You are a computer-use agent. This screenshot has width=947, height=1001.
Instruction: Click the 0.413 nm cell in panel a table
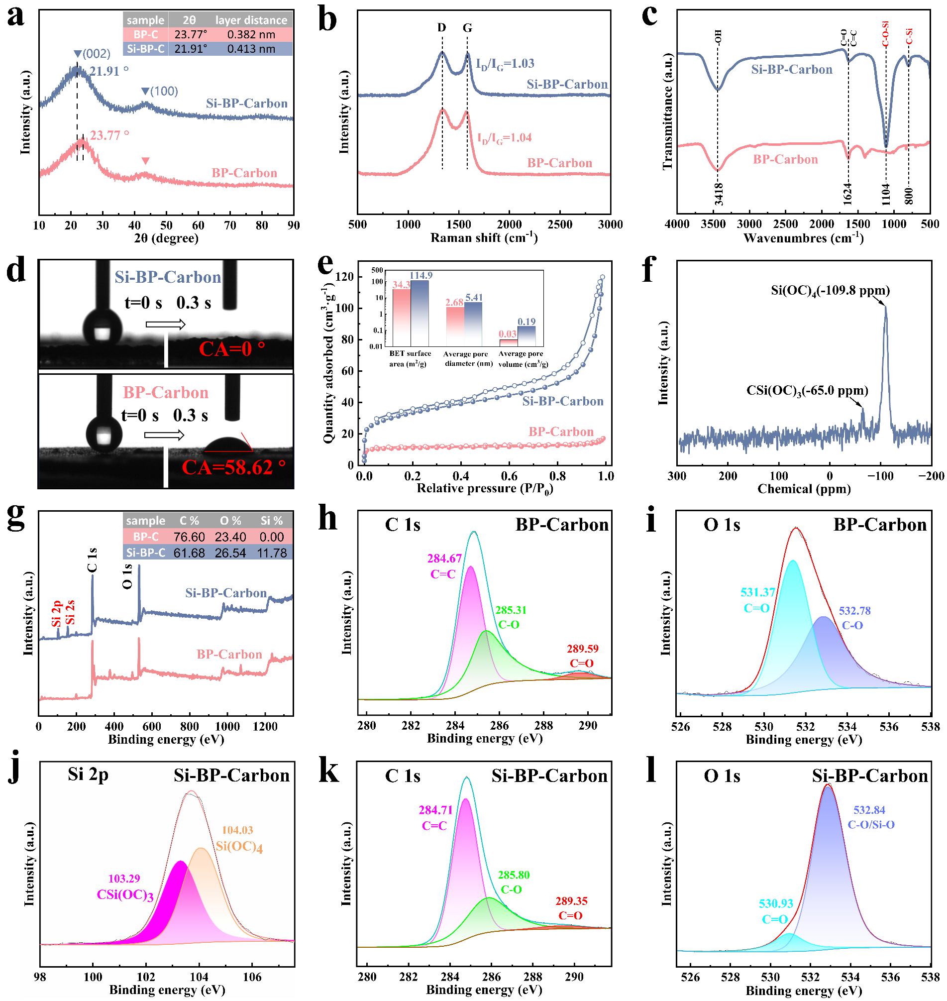(x=251, y=49)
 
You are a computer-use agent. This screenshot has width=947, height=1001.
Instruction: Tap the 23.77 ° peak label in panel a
(x=109, y=135)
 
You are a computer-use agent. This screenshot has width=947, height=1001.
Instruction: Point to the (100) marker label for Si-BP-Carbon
(x=160, y=92)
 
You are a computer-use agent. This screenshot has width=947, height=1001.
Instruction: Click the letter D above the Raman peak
(x=442, y=28)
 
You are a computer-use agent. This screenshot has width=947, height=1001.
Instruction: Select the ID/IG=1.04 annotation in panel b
(x=504, y=137)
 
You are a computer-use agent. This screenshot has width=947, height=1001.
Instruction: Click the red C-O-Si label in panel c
(x=886, y=36)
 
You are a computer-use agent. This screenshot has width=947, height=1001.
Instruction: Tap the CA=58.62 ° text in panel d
(x=234, y=467)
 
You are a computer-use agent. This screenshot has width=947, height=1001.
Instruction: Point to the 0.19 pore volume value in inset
(x=526, y=322)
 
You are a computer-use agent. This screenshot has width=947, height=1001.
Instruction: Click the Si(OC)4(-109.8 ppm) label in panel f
(x=831, y=291)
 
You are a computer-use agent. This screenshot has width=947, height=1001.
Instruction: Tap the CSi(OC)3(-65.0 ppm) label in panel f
(x=808, y=390)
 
